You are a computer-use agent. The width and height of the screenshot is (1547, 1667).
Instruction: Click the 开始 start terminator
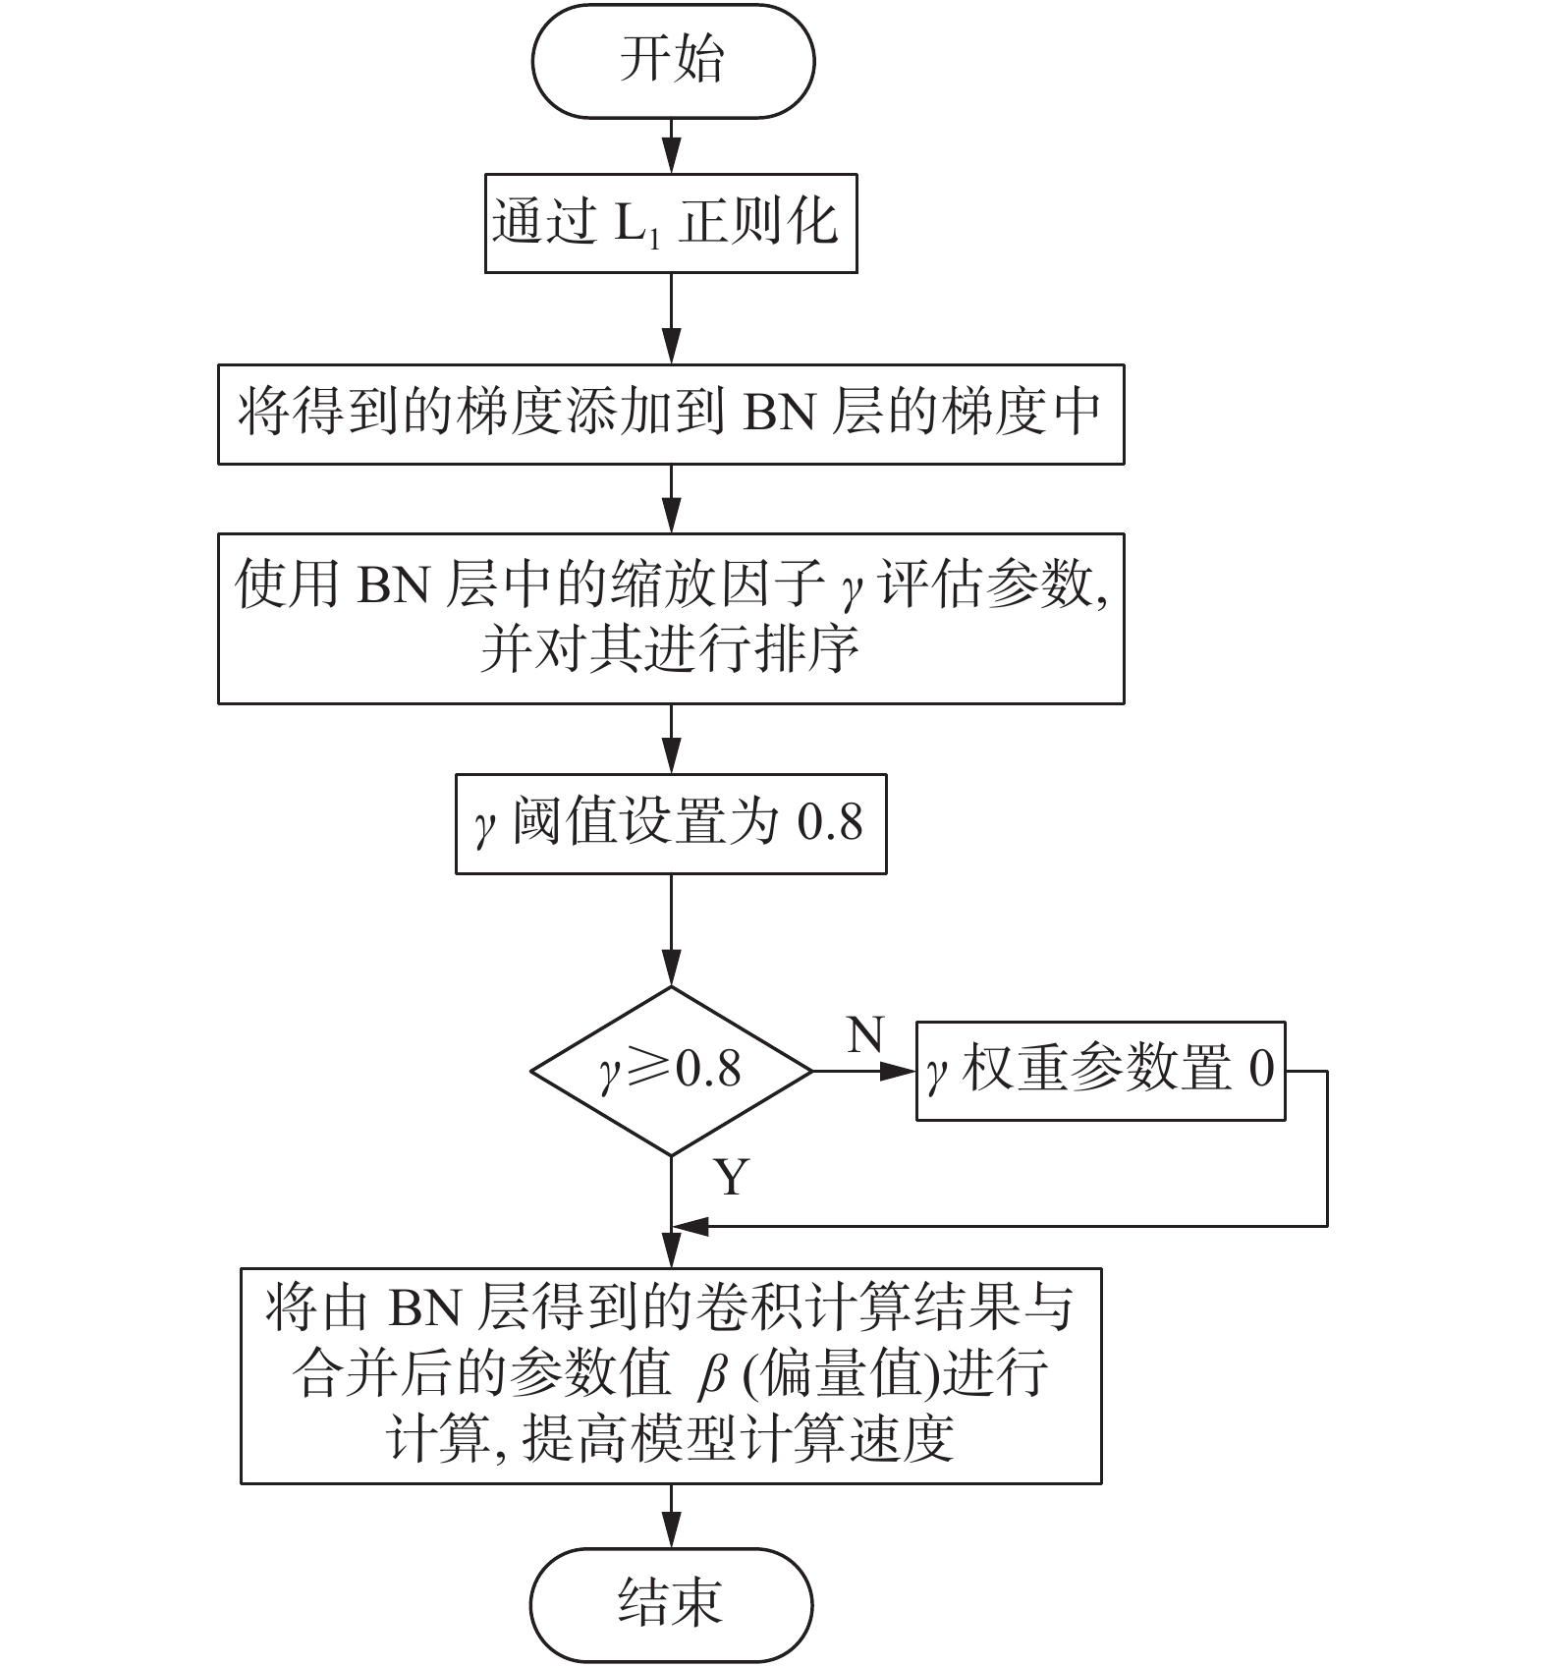pyautogui.click(x=673, y=61)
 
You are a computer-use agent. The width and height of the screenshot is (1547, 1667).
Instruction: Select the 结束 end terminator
pyautogui.click(x=672, y=1604)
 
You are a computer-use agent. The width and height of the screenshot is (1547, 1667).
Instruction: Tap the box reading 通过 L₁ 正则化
pyautogui.click(x=671, y=223)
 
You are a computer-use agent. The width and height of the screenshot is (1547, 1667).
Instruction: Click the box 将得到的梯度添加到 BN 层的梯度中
pyautogui.click(x=671, y=414)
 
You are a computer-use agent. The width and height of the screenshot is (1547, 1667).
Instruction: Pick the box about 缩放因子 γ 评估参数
pyautogui.click(x=671, y=618)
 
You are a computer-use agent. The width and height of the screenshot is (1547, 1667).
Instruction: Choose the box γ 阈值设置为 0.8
pyautogui.click(x=671, y=823)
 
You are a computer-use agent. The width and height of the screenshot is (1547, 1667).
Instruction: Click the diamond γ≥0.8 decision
pyautogui.click(x=672, y=1071)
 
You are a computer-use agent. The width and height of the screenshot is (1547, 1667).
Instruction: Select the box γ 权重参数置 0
pyautogui.click(x=1100, y=1071)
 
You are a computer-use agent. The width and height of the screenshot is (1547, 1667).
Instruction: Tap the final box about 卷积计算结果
pyautogui.click(x=671, y=1375)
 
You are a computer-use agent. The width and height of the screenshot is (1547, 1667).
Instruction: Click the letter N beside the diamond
pyautogui.click(x=865, y=1035)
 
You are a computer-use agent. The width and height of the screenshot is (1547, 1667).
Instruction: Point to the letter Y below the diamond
pyautogui.click(x=732, y=1176)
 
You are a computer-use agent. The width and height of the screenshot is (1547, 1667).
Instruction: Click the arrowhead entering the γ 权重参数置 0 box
pyautogui.click(x=900, y=1071)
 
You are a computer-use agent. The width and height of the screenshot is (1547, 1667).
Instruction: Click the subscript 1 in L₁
pyautogui.click(x=654, y=239)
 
